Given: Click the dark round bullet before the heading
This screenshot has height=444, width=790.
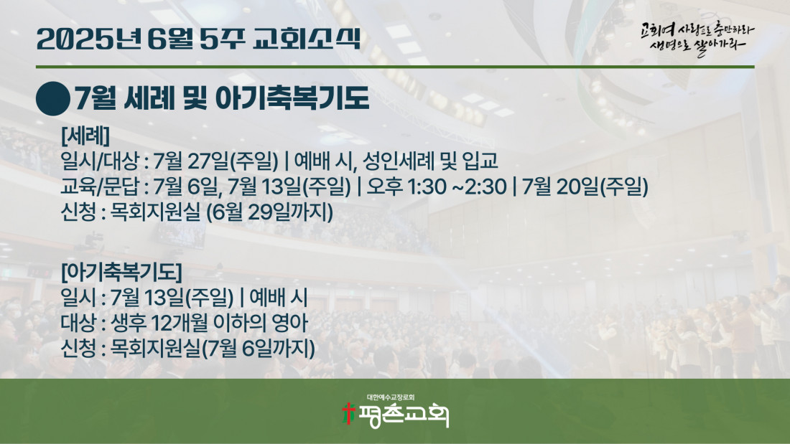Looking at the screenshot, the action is pos(53,99).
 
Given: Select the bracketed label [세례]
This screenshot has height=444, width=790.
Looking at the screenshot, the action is pos(85,136).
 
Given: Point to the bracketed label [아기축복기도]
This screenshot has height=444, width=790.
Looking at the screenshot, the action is pos(121,272).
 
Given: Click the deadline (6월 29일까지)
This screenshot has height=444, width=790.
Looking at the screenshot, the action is pos(270,212).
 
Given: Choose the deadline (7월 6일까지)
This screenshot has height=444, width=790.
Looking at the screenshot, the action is pos(259,349).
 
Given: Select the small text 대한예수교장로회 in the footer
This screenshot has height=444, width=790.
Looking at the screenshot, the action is pos(391,397).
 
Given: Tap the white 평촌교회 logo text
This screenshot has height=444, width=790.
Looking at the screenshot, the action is pos(403,415).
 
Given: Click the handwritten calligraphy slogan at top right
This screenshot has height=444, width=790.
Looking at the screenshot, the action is pos(697,39).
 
